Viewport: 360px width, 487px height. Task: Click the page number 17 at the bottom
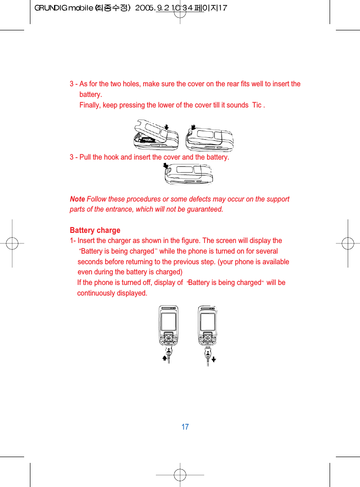pyautogui.click(x=185, y=427)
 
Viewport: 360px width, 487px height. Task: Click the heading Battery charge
pyautogui.click(x=95, y=230)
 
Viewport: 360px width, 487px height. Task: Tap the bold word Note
pyautogui.click(x=77, y=199)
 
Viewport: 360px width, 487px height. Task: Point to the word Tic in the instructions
pyautogui.click(x=257, y=105)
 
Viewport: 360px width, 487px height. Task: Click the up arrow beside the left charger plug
pyautogui.click(x=165, y=358)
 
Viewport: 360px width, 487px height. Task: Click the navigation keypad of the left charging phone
pyautogui.click(x=168, y=338)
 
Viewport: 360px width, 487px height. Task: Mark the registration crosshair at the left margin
pyautogui.click(x=12, y=243)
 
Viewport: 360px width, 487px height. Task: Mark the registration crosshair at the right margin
pyautogui.click(x=348, y=243)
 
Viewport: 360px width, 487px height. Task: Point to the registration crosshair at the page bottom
pyautogui.click(x=180, y=474)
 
